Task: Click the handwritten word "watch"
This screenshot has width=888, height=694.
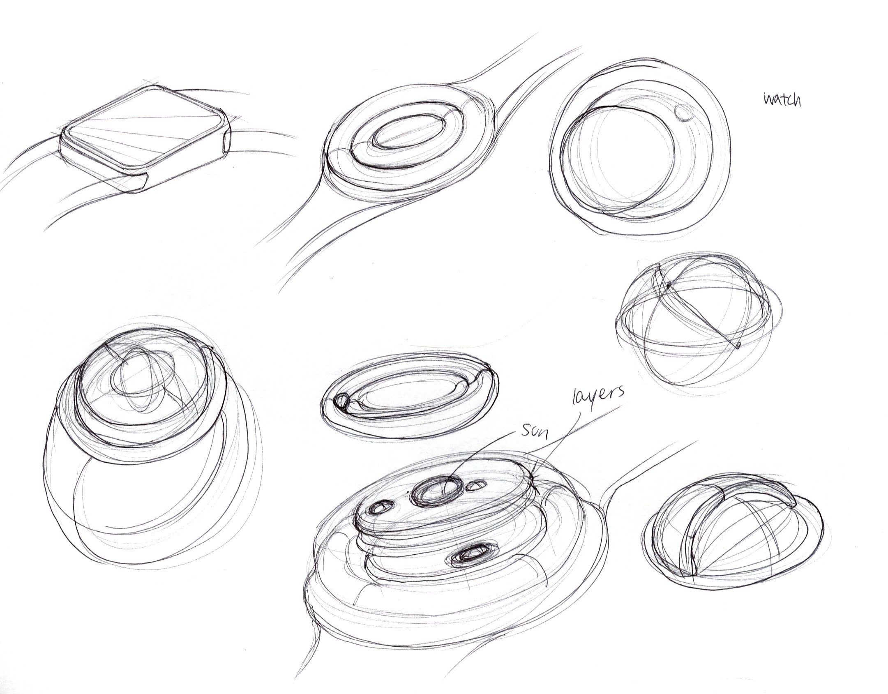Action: point(782,99)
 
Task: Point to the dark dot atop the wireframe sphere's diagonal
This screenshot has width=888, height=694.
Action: point(669,284)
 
